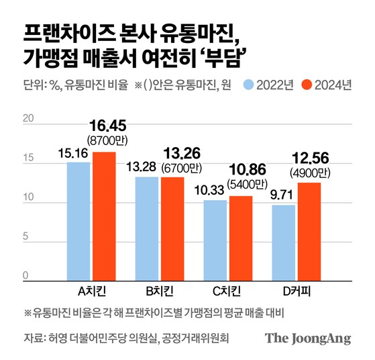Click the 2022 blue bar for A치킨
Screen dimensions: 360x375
click(x=78, y=221)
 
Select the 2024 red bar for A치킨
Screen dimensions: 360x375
click(x=104, y=216)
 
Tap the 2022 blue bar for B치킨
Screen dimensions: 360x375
click(x=147, y=228)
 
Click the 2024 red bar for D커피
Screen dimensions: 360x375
click(x=309, y=231)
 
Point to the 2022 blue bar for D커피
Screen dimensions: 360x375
click(x=284, y=242)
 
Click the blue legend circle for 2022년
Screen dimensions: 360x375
click(x=249, y=85)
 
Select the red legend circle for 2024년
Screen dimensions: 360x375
click(x=307, y=85)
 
